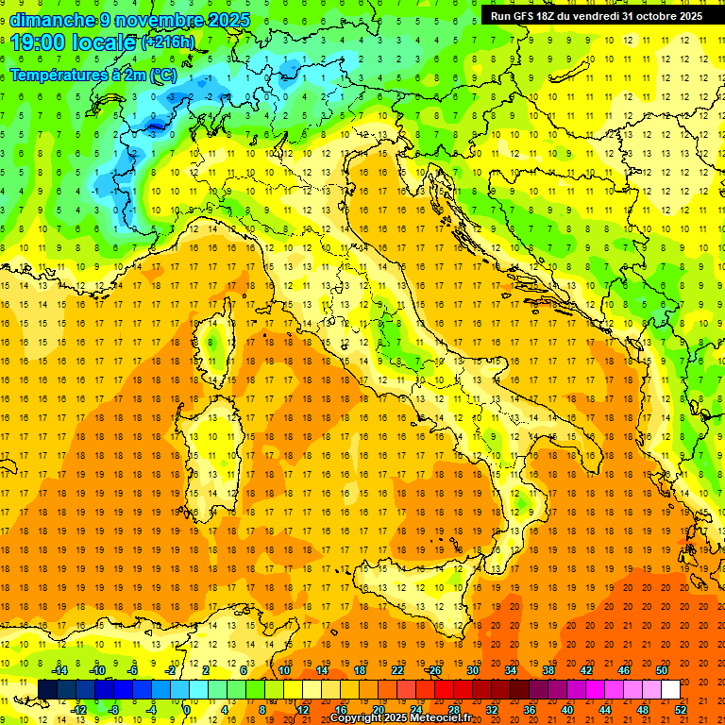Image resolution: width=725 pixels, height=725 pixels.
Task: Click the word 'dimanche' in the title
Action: click(52, 20)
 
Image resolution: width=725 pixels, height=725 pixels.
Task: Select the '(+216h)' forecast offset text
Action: click(168, 42)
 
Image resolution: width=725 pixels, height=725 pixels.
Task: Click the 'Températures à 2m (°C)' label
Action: click(93, 74)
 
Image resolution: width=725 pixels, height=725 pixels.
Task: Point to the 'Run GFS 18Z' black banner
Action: click(596, 16)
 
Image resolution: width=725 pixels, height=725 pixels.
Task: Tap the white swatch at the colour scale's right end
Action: click(670, 689)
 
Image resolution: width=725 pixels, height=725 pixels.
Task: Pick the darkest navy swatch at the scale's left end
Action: click(47, 689)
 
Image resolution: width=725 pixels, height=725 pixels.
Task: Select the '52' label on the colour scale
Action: click(680, 709)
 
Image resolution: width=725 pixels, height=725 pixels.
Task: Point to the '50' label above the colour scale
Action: click(662, 670)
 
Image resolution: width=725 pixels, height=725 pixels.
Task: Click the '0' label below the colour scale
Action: click(188, 709)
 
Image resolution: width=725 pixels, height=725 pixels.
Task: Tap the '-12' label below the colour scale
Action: click(78, 709)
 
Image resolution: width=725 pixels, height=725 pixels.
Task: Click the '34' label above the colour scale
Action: click(511, 670)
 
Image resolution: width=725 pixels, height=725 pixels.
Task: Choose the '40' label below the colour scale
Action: click(566, 709)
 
